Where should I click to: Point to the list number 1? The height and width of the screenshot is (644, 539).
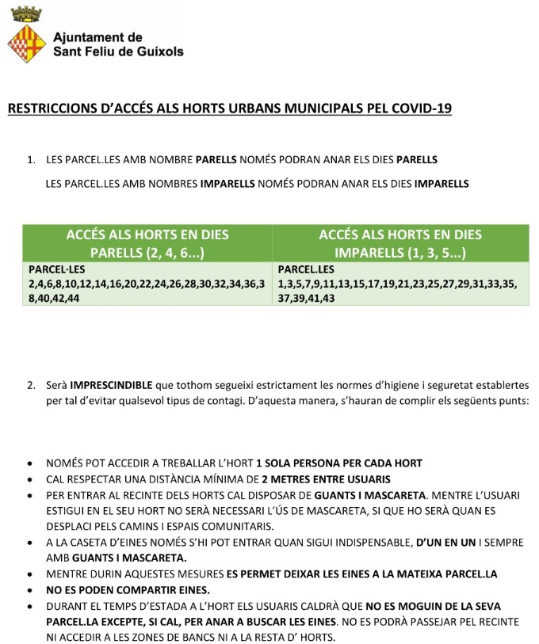tap(30, 159)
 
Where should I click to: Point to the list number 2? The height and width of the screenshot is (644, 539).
tap(30, 387)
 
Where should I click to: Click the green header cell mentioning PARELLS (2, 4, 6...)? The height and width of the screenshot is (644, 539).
tap(147, 244)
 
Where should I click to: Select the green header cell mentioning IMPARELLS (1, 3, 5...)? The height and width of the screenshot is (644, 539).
tap(399, 244)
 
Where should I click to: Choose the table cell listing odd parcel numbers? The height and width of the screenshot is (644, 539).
tap(399, 284)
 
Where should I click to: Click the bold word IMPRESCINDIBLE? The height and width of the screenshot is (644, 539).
tap(110, 387)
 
